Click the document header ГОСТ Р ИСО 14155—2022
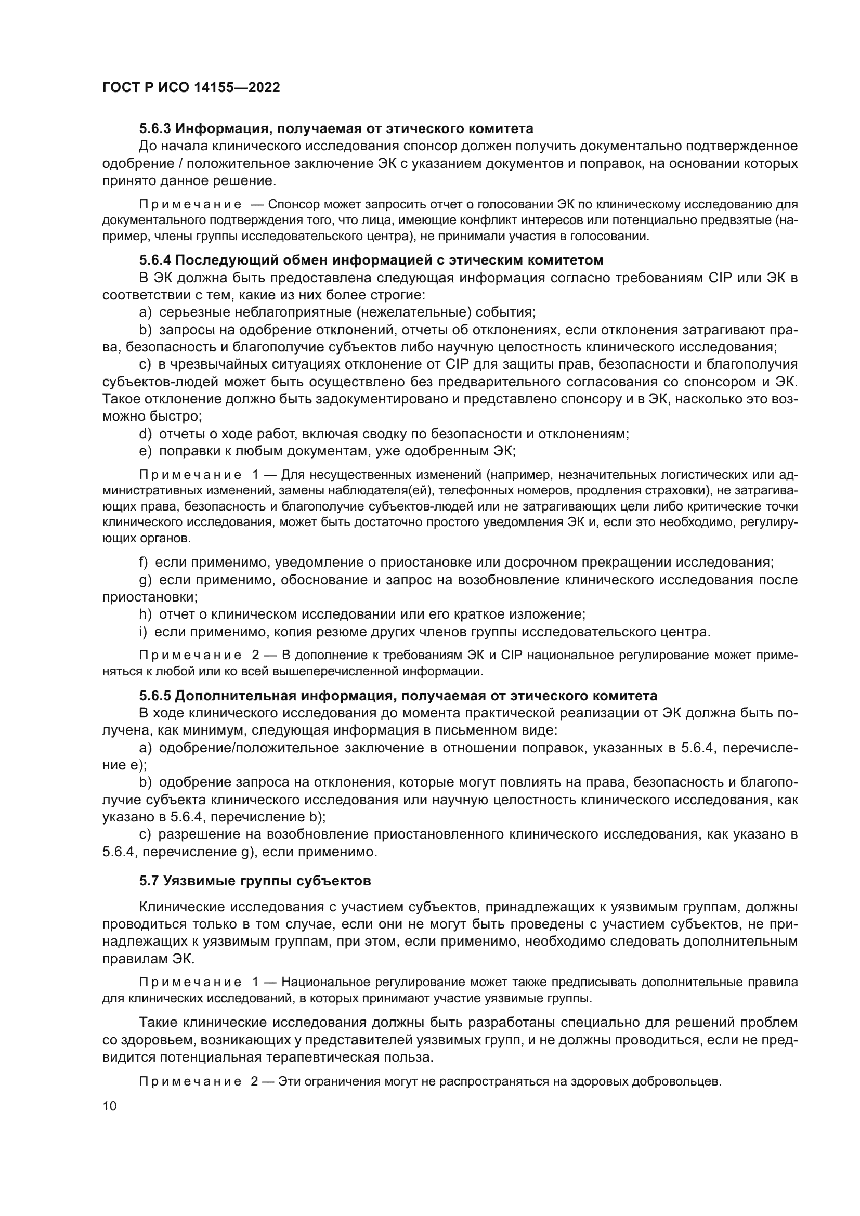point(191,87)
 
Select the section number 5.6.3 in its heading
point(155,129)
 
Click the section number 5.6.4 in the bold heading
point(155,260)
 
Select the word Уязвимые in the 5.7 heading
point(194,881)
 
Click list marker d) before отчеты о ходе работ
point(145,434)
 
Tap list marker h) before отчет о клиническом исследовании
point(145,614)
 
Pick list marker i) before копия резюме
point(143,632)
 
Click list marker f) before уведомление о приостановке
point(144,562)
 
